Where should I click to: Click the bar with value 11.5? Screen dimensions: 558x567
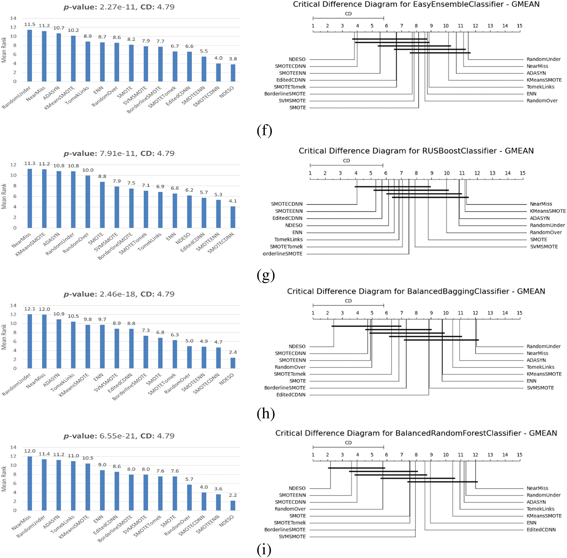(x=30, y=56)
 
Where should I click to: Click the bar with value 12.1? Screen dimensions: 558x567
(x=30, y=341)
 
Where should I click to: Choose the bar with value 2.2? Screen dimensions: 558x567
(x=233, y=506)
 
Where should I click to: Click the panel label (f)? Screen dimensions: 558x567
(x=264, y=130)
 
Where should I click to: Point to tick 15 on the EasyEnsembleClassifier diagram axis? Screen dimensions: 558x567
(x=519, y=26)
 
